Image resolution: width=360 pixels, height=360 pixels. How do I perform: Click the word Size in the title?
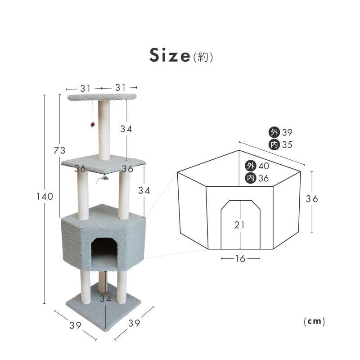click(x=170, y=55)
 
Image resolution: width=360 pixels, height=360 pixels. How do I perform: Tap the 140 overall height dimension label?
click(x=45, y=197)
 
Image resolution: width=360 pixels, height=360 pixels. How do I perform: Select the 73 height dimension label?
click(x=59, y=150)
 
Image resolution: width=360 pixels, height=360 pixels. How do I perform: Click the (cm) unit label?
click(x=314, y=321)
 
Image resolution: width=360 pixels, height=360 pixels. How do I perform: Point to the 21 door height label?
click(x=239, y=225)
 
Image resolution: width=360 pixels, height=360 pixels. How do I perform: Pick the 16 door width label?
click(x=240, y=259)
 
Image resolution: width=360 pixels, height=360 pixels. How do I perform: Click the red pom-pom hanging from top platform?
click(x=93, y=125)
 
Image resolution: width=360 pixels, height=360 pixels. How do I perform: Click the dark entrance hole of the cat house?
click(x=105, y=248)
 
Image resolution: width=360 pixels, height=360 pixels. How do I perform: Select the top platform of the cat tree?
click(x=102, y=97)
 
